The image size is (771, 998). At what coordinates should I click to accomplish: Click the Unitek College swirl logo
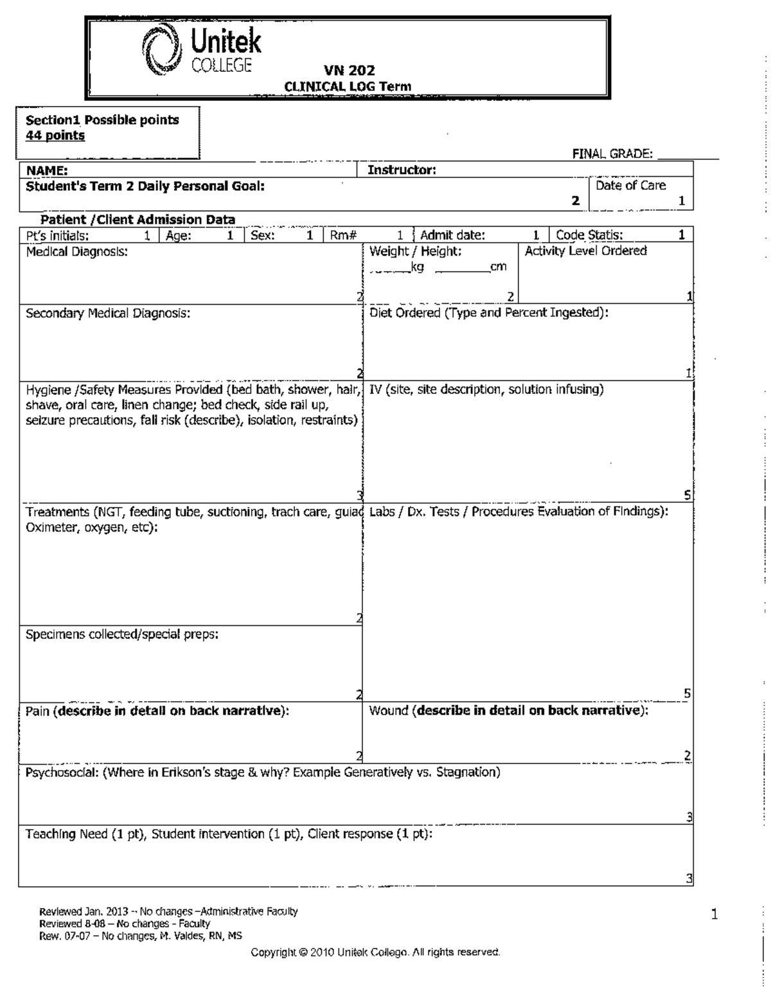click(x=162, y=48)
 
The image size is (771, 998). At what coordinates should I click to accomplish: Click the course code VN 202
click(x=349, y=71)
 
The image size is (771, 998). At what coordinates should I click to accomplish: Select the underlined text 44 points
click(x=55, y=136)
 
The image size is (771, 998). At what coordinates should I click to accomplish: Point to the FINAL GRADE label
click(x=612, y=154)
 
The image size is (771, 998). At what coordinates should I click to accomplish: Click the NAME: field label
click(x=47, y=170)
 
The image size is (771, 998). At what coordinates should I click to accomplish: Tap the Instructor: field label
click(x=402, y=170)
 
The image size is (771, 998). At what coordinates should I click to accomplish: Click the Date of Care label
click(x=630, y=186)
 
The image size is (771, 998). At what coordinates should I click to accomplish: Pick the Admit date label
click(x=452, y=236)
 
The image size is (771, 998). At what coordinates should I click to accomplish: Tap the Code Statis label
click(x=589, y=236)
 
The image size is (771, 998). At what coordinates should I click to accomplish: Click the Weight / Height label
click(x=415, y=252)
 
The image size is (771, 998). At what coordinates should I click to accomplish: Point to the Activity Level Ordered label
click(x=585, y=251)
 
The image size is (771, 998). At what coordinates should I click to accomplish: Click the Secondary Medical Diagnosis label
click(x=108, y=314)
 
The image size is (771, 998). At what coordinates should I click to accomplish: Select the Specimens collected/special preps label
click(x=122, y=634)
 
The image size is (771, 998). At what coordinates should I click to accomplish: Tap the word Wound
click(x=389, y=711)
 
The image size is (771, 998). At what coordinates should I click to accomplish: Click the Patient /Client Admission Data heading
click(x=137, y=220)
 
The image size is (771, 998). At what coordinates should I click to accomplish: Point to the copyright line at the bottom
click(x=375, y=952)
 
